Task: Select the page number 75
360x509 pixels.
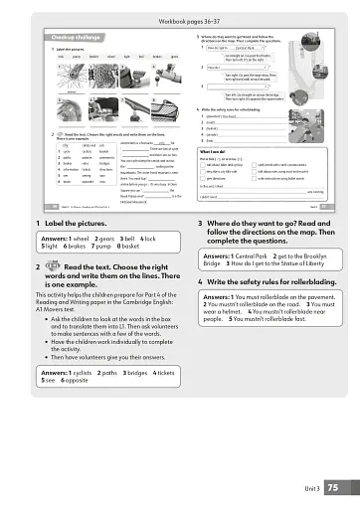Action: pos(333,487)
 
